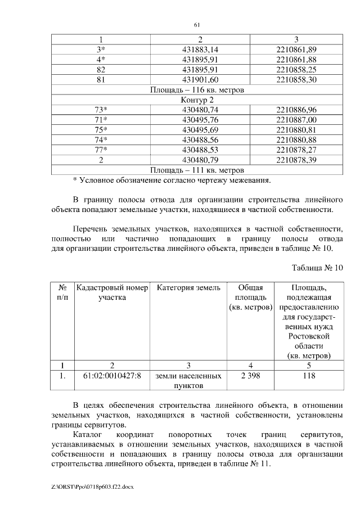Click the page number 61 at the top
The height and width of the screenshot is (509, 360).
[x=197, y=25]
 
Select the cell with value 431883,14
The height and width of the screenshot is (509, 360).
[x=200, y=49]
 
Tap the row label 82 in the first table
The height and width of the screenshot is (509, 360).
[x=101, y=69]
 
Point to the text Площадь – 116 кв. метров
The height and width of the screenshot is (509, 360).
[x=197, y=89]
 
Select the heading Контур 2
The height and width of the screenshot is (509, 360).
[x=197, y=100]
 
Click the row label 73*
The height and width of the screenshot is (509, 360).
[x=101, y=110]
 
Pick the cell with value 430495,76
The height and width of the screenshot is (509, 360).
[x=200, y=120]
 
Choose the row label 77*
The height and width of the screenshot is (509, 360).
[x=101, y=150]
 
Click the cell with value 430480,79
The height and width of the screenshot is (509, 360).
[x=200, y=160]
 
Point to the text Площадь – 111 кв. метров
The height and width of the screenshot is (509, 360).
[x=197, y=170]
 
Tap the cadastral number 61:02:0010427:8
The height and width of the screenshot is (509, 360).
[x=112, y=376]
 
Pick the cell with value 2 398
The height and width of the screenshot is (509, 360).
[x=250, y=376]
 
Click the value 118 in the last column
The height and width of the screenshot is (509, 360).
[x=308, y=376]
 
